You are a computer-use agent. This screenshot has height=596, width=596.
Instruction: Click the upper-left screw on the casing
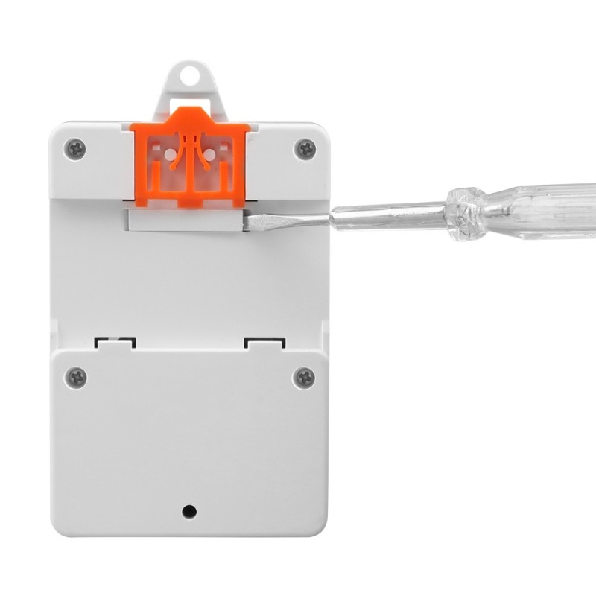pyautogui.click(x=74, y=148)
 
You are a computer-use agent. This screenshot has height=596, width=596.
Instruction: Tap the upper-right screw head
pyautogui.click(x=305, y=148)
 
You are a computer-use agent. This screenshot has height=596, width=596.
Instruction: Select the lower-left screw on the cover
pyautogui.click(x=75, y=377)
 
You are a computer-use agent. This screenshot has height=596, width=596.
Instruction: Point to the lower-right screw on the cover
pyautogui.click(x=304, y=377)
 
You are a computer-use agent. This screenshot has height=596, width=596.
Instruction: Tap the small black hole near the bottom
pyautogui.click(x=189, y=512)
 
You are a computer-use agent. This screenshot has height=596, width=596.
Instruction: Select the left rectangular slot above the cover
pyautogui.click(x=115, y=343)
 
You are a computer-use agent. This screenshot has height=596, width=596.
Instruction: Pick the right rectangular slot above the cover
pyautogui.click(x=265, y=343)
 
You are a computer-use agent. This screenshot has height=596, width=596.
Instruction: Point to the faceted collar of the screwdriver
pyautogui.click(x=466, y=212)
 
